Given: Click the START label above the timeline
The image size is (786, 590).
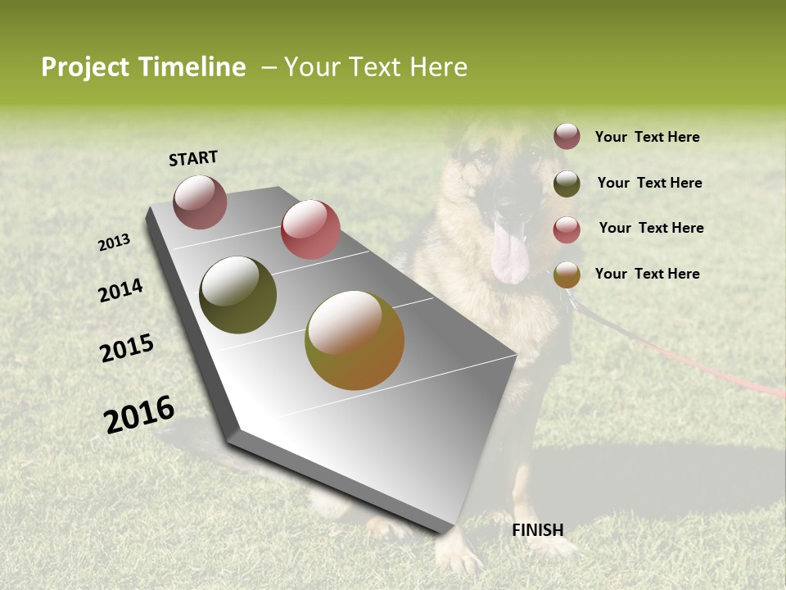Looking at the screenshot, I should tap(193, 158).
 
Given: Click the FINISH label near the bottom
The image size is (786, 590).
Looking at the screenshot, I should tap(538, 530).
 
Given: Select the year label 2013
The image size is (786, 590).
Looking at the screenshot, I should tap(115, 242).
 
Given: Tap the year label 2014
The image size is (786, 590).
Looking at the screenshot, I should tap(120, 290).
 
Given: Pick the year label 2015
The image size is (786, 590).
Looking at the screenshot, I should tap(127, 348).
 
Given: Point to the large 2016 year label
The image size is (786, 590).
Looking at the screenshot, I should tap(139, 414).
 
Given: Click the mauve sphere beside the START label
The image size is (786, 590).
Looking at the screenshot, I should tap(200, 202).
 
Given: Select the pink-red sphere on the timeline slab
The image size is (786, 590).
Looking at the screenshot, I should tap(310, 229).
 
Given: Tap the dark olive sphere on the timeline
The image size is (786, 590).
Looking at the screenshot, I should tap(237, 295).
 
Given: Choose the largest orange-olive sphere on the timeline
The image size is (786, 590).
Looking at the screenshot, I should tap(355, 340).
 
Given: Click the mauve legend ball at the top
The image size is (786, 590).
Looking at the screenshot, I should tap(567, 136).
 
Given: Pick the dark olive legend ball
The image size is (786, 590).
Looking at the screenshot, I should tap(567, 184).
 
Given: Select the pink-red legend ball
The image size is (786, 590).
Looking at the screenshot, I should tap(567, 229).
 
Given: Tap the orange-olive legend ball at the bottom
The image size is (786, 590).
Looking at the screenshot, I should tap(567, 275).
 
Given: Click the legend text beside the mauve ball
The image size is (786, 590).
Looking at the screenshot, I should tap(647, 138).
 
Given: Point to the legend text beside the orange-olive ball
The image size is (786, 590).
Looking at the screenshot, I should tap(647, 274).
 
